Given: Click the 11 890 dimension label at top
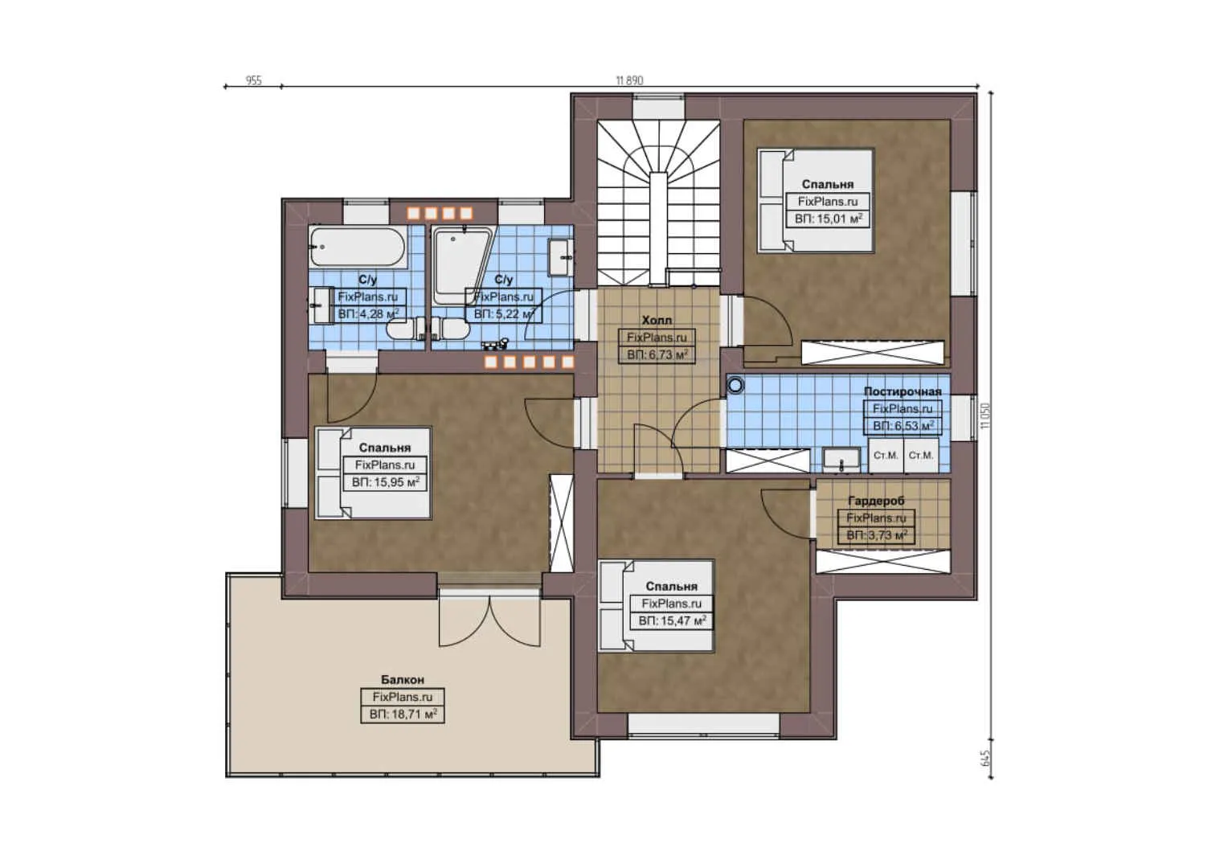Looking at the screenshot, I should coord(628,80).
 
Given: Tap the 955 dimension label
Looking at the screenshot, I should coord(253,80).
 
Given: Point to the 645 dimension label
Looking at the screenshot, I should coord(986,758).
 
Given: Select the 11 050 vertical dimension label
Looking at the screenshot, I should coord(986,416).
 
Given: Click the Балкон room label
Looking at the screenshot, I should coord(402,680).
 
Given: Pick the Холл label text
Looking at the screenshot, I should coord(657,320).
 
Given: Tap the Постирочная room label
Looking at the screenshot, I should coord(902,391).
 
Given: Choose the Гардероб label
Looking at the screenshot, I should coord(876,501).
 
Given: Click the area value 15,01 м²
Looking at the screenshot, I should coord(828,219).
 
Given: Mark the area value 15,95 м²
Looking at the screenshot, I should coord(386,482).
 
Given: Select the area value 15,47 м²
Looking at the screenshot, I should coord(672,621).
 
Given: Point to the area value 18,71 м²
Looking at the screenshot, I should coord(403,714).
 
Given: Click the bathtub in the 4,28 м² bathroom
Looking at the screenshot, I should coord(357,247).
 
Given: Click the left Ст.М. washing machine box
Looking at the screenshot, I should coord(885,456).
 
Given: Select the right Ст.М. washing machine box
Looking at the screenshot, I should coord(920,456).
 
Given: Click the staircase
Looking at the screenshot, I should coord(658,201).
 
